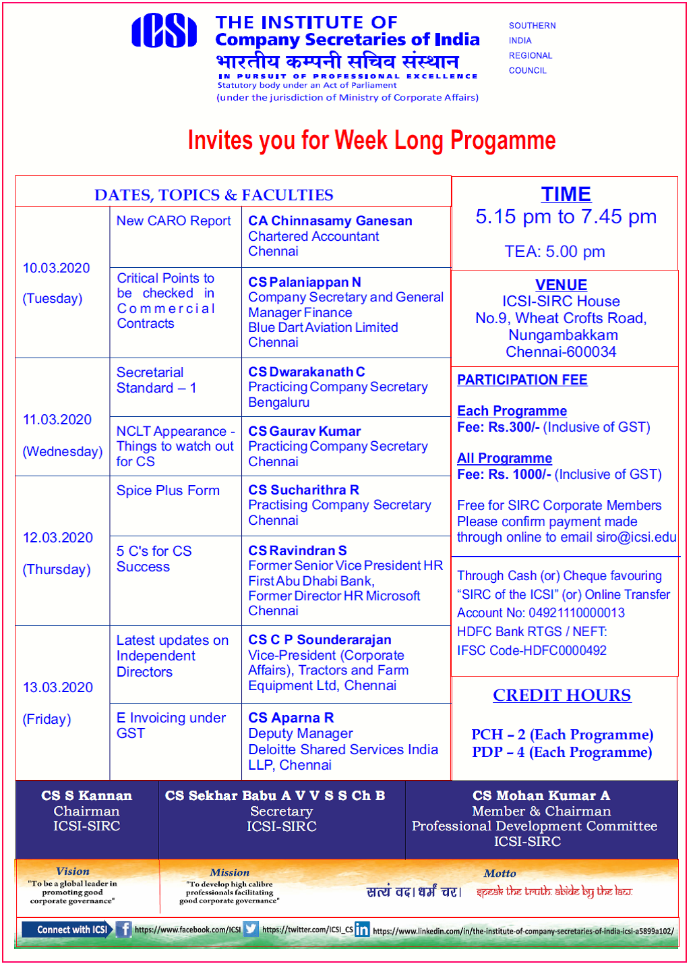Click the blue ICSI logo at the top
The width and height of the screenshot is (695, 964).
click(164, 32)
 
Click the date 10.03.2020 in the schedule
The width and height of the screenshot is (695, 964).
click(56, 268)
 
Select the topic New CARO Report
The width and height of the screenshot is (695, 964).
click(173, 221)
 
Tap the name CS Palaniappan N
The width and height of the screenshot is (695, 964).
click(304, 282)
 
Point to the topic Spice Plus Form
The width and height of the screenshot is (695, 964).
click(168, 490)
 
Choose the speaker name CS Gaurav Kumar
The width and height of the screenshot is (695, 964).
click(304, 431)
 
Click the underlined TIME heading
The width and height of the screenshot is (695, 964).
click(566, 194)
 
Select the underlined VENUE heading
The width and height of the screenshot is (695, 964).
click(561, 285)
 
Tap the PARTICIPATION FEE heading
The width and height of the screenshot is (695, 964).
click(522, 380)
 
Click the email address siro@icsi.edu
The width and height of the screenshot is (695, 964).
click(636, 537)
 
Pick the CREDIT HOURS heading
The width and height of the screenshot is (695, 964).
click(562, 695)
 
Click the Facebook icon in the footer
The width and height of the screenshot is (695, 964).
click(123, 929)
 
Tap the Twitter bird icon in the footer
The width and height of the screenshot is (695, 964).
click(251, 929)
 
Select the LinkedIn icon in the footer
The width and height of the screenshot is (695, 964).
click(362, 930)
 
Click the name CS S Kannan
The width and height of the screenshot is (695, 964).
click(86, 795)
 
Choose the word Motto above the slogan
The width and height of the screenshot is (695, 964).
click(500, 873)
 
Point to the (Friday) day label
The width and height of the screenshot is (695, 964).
click(47, 719)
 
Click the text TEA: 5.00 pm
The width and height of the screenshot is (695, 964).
click(554, 252)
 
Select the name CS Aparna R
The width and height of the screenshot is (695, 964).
click(291, 718)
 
